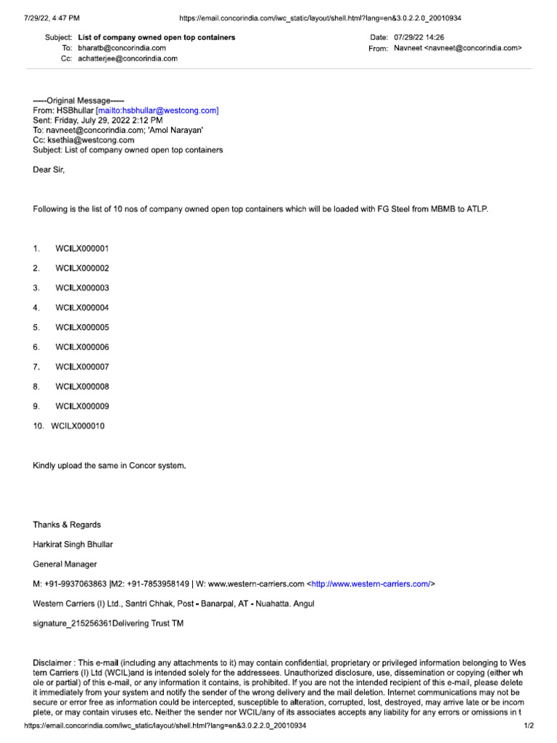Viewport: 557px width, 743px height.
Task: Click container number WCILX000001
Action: click(x=82, y=249)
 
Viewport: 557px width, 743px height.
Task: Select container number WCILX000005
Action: click(x=82, y=327)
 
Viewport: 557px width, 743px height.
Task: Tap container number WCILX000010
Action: click(x=78, y=426)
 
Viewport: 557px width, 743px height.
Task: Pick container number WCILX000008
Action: click(x=82, y=387)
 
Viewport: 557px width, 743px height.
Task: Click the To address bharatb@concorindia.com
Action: click(x=122, y=48)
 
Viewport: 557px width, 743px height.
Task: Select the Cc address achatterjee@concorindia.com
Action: click(x=128, y=59)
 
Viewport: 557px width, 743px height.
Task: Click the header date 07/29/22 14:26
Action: click(x=419, y=37)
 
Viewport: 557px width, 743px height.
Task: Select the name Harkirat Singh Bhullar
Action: click(x=73, y=544)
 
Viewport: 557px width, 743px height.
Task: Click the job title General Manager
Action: click(x=65, y=564)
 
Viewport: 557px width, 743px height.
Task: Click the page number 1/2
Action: click(x=529, y=726)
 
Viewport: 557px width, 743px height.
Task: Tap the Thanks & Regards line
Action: click(x=67, y=525)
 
